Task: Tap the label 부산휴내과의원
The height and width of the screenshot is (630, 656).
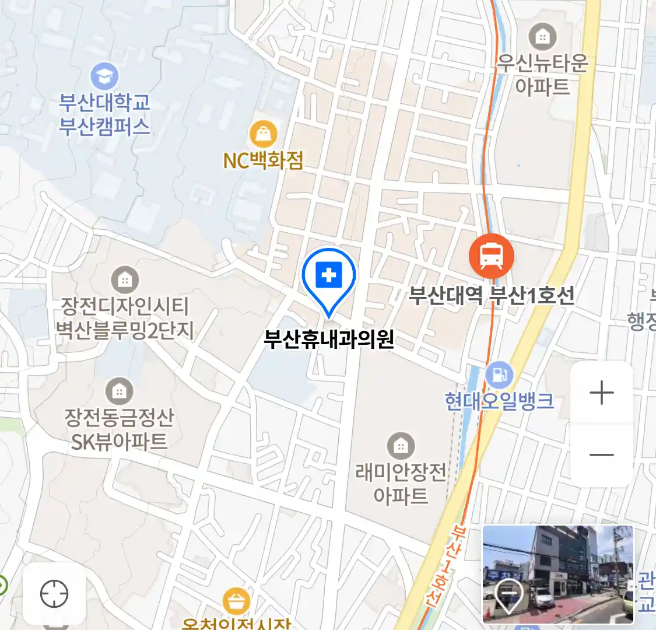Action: point(329,339)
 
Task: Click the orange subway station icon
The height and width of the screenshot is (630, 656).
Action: point(492,256)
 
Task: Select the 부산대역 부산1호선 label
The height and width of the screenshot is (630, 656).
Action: point(491,296)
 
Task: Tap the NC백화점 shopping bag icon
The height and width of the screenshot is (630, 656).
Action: point(263,134)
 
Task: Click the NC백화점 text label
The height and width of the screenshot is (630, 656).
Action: point(263,160)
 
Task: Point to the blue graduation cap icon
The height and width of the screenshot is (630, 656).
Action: point(104,76)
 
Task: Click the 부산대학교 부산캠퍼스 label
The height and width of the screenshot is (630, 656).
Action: point(104,114)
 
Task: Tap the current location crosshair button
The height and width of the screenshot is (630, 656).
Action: point(54,594)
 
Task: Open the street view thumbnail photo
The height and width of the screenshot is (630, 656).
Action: point(557,574)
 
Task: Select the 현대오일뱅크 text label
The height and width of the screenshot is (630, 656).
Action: point(499,401)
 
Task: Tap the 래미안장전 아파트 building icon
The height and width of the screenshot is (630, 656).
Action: point(401,446)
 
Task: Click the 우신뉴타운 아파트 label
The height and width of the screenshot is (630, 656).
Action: point(542,75)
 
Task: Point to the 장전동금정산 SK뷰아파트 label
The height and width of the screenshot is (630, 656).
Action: point(119,429)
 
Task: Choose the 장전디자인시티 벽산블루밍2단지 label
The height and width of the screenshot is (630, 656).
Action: point(124,318)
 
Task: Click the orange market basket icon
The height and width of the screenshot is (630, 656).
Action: point(236,601)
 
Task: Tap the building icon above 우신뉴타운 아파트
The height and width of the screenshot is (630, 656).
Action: point(542,37)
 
